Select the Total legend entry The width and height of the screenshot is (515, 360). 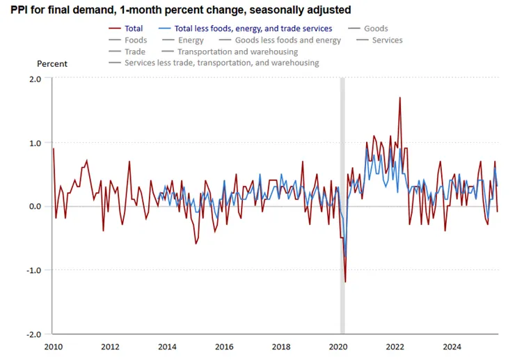pyautogui.click(x=132, y=29)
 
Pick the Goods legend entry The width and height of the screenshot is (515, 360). pyautogui.click(x=375, y=29)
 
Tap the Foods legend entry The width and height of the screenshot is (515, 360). pyautogui.click(x=136, y=40)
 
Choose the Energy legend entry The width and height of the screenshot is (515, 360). pyautogui.click(x=191, y=40)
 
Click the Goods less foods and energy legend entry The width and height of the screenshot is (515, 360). pyautogui.click(x=287, y=40)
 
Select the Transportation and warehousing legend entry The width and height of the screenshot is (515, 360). pyautogui.click(x=237, y=52)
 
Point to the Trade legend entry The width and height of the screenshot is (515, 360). pyautogui.click(x=134, y=52)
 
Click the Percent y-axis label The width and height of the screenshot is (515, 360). pyautogui.click(x=52, y=64)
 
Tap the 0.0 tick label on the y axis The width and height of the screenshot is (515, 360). pyautogui.click(x=35, y=207)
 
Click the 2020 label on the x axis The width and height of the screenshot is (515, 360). pyautogui.click(x=338, y=347)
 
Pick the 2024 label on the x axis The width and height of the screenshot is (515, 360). pyautogui.click(x=452, y=347)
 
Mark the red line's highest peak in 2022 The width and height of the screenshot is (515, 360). pyautogui.click(x=399, y=97)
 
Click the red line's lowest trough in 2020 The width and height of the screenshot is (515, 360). pyautogui.click(x=345, y=282)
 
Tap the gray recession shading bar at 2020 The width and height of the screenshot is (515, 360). pyautogui.click(x=342, y=139)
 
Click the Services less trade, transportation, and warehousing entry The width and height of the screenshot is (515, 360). pyautogui.click(x=221, y=63)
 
